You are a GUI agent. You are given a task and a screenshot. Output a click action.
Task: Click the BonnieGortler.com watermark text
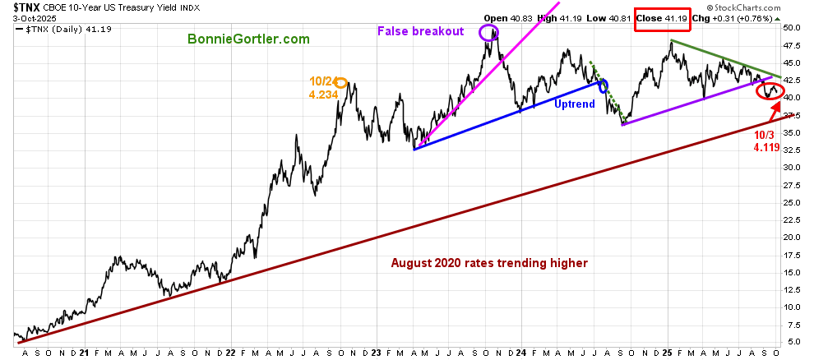click(x=247, y=39)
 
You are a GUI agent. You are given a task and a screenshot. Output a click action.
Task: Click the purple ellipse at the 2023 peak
click(x=488, y=33)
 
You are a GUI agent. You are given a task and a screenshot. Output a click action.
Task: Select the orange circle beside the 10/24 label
click(x=341, y=82)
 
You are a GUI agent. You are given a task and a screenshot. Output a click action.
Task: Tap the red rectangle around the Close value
click(x=661, y=17)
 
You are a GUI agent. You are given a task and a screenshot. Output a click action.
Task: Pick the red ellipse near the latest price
click(x=770, y=90)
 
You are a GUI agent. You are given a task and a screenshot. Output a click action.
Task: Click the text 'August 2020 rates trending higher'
click(x=489, y=263)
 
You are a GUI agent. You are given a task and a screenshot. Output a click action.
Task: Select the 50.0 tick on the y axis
click(x=792, y=27)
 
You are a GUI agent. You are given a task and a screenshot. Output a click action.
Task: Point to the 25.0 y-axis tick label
click(x=792, y=202)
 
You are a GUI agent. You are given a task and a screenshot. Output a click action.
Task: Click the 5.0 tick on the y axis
click(x=792, y=342)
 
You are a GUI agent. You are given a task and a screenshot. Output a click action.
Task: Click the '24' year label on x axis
click(x=520, y=353)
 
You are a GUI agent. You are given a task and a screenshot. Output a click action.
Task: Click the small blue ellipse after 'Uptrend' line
click(x=604, y=86)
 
